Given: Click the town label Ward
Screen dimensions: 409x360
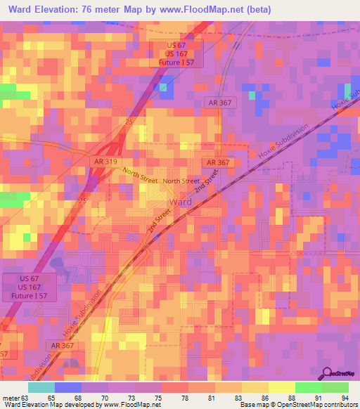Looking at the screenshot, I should (180, 203).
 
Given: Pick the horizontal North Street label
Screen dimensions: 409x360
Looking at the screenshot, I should (181, 181).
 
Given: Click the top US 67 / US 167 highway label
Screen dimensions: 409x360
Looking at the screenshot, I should (179, 53).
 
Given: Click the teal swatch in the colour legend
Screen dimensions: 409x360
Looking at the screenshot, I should (41, 387).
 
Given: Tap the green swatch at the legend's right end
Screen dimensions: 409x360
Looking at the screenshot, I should (335, 387).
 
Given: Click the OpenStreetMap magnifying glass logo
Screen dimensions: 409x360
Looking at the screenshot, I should (326, 373).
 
